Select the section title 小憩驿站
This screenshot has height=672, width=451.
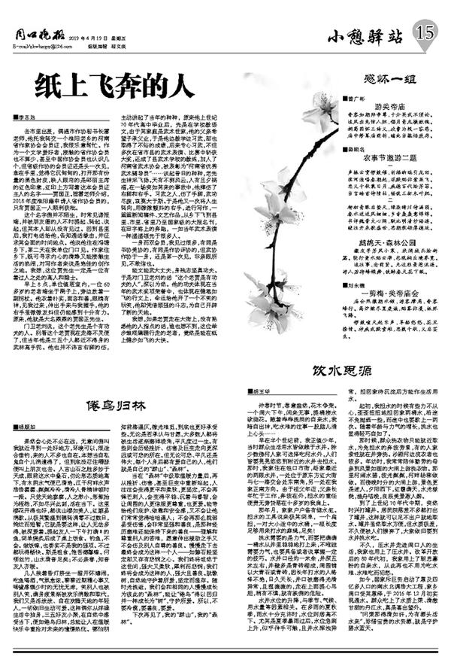(x=365, y=34)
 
